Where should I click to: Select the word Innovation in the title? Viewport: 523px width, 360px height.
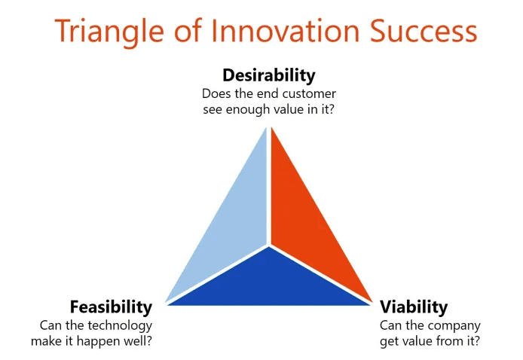[x=285, y=31]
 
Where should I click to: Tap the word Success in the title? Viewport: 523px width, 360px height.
[x=424, y=31]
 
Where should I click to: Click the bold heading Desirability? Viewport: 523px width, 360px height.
[x=269, y=75]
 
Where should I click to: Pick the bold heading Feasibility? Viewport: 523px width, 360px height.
[x=111, y=307]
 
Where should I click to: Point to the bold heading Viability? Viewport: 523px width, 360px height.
[x=414, y=307]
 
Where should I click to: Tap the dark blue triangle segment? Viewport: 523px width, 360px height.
[x=269, y=283]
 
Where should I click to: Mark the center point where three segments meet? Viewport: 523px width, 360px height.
[x=269, y=246]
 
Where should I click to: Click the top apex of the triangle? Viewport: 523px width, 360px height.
[x=269, y=127]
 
